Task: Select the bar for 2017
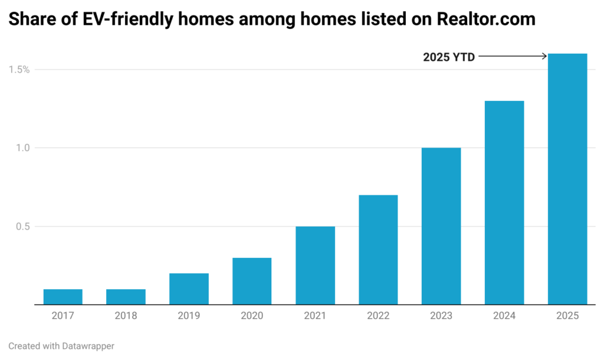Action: [63, 297]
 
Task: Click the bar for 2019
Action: [189, 289]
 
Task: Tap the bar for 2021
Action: [315, 266]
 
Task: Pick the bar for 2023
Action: [441, 226]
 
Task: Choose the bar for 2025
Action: [567, 179]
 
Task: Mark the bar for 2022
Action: [378, 250]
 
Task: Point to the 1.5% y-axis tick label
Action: [19, 70]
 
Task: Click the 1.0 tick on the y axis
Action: [23, 148]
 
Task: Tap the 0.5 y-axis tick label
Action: [23, 227]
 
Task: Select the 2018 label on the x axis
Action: [126, 316]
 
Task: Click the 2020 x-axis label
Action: [252, 316]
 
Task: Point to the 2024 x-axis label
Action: [504, 316]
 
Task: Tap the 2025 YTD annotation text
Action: [449, 57]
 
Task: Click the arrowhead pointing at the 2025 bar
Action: [544, 57]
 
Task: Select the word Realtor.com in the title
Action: [486, 19]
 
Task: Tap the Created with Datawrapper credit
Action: [61, 346]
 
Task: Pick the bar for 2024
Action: [504, 202]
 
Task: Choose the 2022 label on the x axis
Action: [378, 316]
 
